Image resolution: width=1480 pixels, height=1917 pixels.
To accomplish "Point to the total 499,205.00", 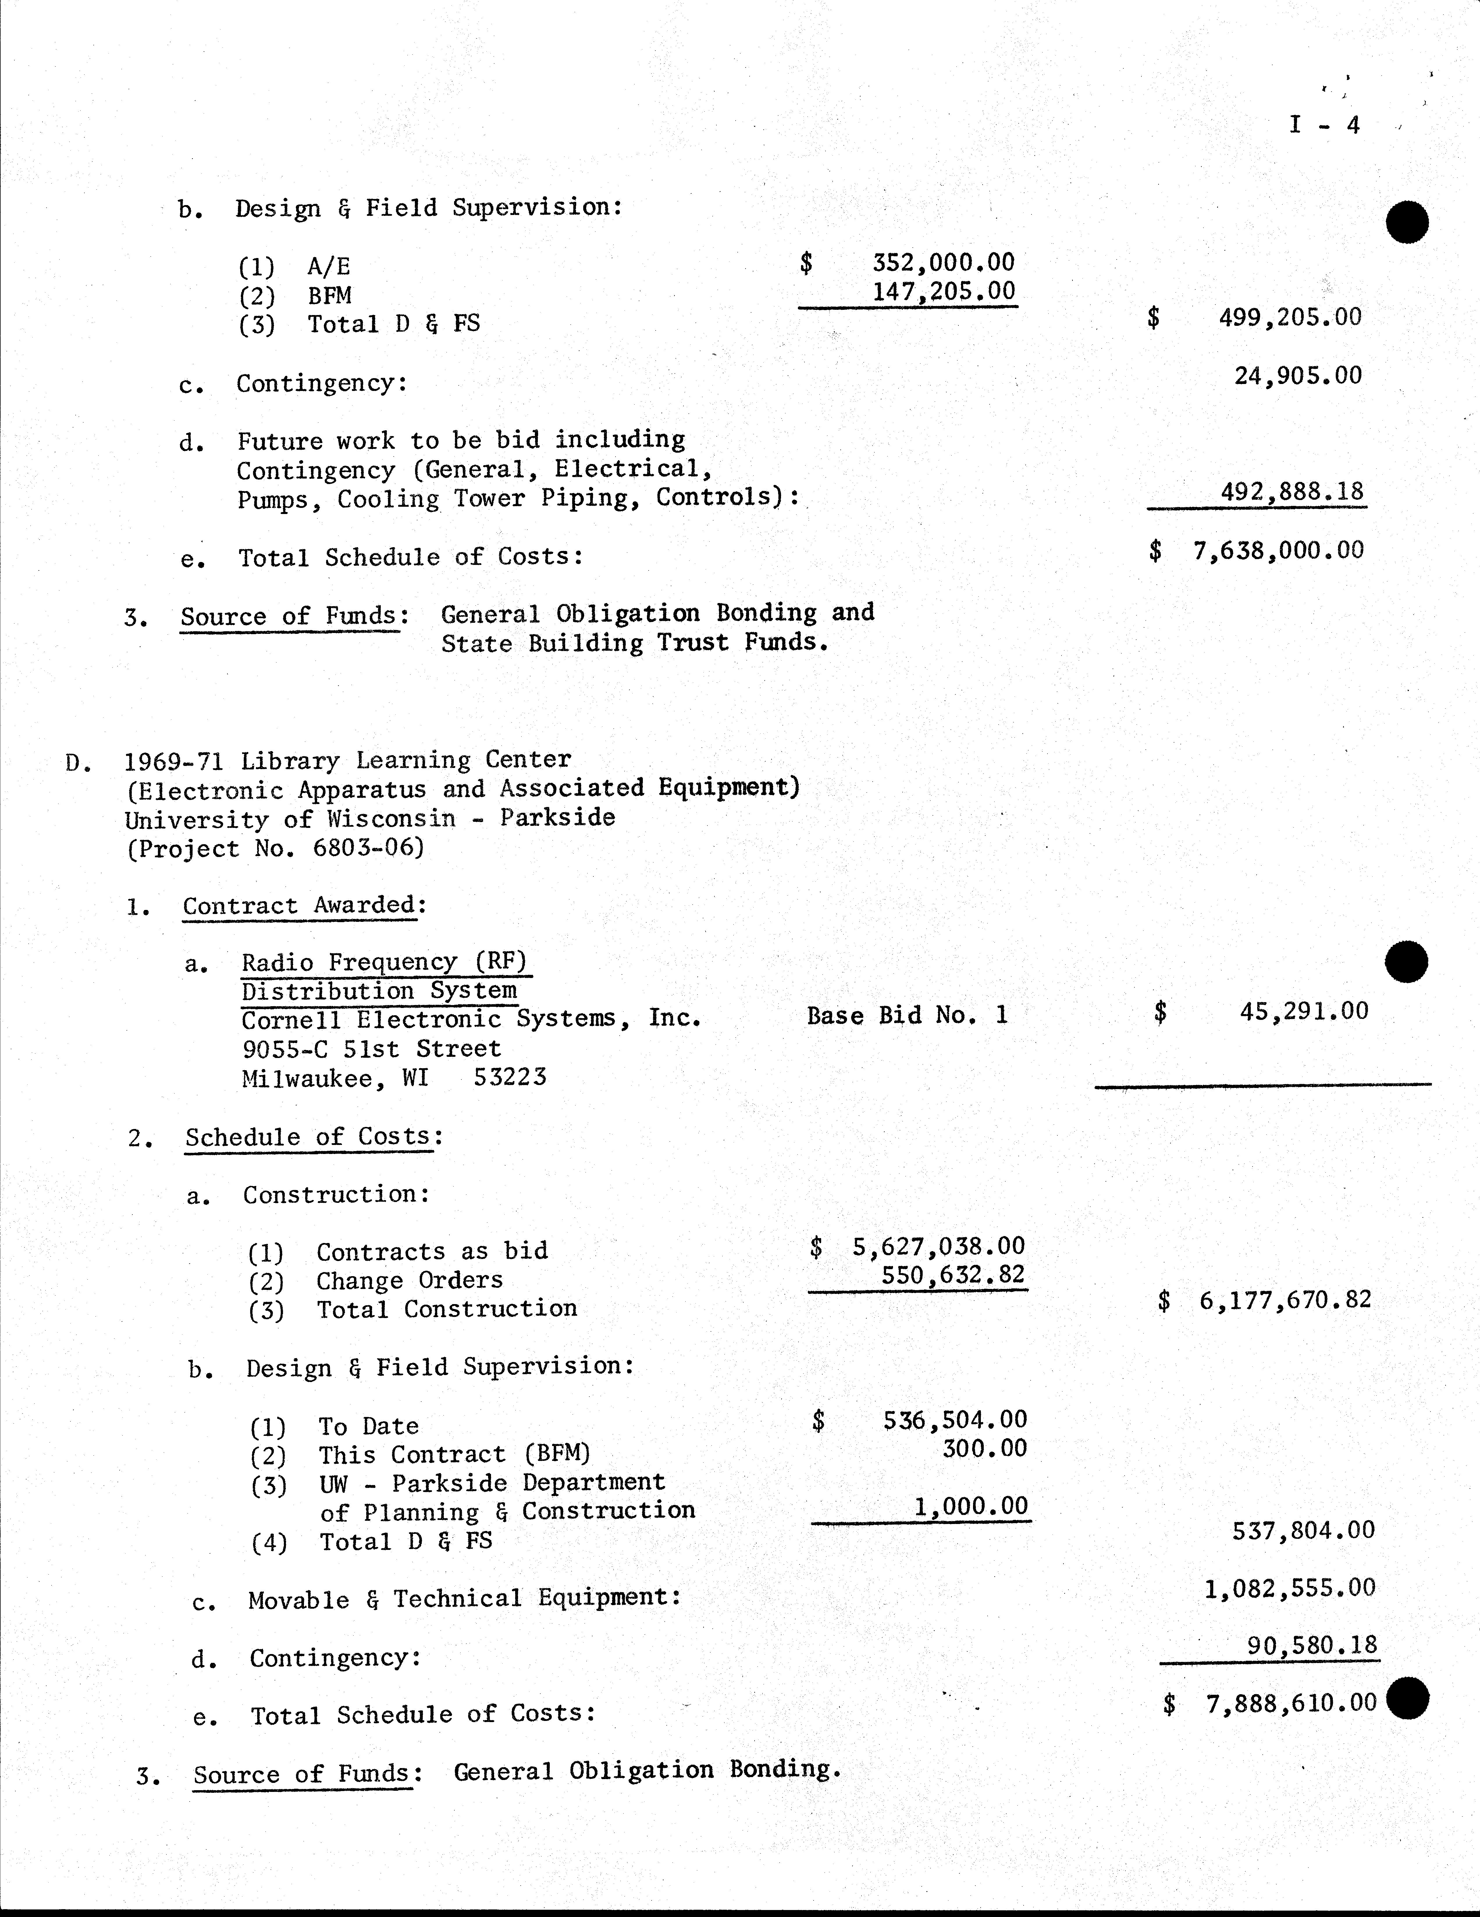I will [1289, 317].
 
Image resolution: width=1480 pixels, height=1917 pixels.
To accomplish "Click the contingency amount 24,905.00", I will [1297, 376].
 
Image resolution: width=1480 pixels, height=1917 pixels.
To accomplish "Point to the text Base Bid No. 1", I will [907, 1016].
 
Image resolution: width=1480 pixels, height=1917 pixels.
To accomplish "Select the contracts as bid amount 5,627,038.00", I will [938, 1246].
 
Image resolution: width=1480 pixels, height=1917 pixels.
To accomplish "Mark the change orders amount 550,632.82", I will [952, 1274].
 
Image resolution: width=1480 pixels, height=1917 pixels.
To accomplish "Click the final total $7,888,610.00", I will [1290, 1704].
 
